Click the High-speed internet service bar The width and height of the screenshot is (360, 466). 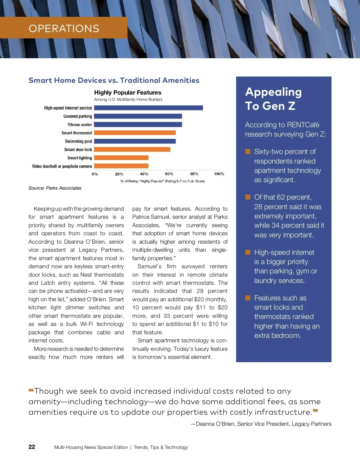click(148, 108)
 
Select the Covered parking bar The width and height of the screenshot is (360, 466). click(138, 116)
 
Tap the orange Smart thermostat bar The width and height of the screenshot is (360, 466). click(135, 133)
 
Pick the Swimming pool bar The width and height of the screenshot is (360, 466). click(135, 141)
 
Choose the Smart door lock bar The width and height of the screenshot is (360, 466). click(132, 149)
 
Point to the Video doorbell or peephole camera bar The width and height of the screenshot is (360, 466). click(121, 166)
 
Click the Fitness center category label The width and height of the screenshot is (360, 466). click(79, 125)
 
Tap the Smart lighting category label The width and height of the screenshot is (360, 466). click(79, 158)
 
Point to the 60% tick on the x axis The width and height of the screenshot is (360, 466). click(169, 174)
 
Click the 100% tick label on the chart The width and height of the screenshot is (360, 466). click(219, 174)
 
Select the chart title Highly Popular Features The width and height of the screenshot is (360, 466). click(127, 92)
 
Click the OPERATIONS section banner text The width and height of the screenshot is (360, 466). click(64, 29)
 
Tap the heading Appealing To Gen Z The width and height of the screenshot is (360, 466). click(273, 99)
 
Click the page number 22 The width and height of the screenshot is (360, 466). click(32, 447)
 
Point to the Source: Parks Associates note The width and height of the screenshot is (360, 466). click(55, 188)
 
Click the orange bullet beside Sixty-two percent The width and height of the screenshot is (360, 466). click(248, 152)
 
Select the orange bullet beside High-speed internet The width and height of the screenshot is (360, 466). click(248, 252)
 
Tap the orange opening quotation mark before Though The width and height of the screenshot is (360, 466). click(31, 390)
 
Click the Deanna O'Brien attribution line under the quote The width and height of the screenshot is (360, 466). click(261, 424)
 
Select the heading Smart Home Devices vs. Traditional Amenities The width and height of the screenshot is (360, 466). click(114, 80)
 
